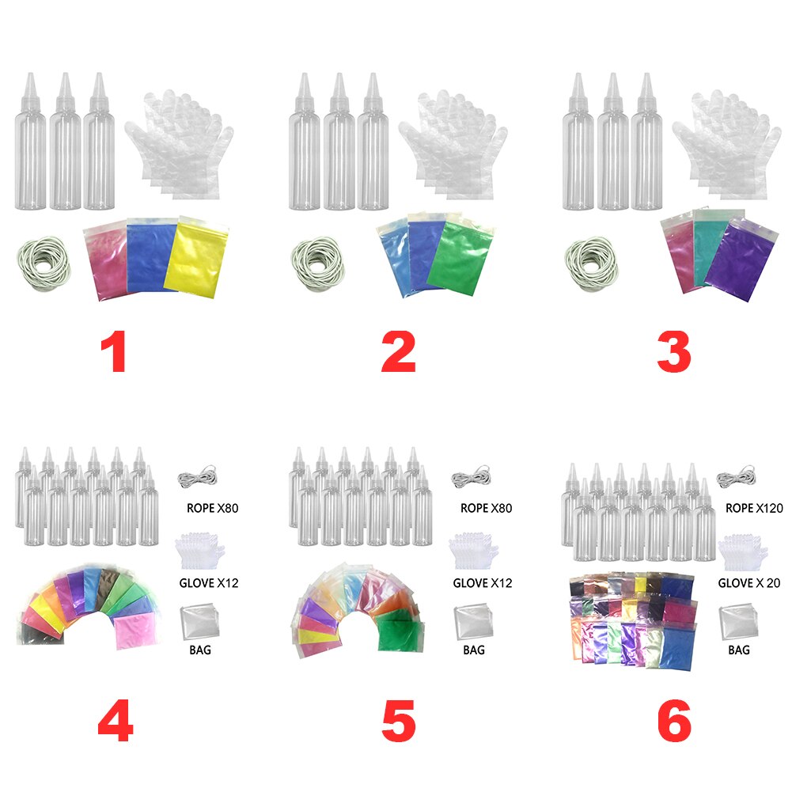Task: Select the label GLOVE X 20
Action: [x=748, y=583]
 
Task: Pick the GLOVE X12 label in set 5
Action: [x=482, y=583]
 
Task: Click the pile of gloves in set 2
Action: [x=451, y=146]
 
